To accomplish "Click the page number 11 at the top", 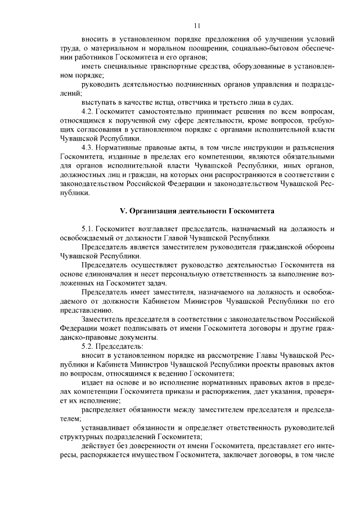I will (196, 25).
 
